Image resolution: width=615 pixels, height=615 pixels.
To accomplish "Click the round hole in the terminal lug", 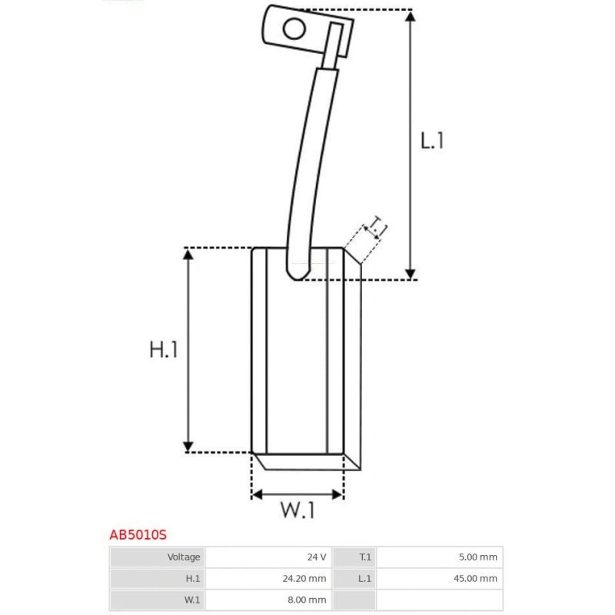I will (x=294, y=29).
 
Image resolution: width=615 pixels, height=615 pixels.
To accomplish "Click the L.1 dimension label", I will (x=432, y=140).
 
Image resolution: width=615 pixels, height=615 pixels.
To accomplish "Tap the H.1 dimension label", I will (x=164, y=350).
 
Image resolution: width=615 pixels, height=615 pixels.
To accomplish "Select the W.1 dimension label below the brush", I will (x=297, y=510).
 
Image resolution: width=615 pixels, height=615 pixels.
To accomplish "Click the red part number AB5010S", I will (x=138, y=534).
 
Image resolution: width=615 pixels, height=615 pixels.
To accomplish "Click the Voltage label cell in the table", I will (x=157, y=557).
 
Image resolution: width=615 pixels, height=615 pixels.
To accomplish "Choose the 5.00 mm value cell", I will (x=440, y=557).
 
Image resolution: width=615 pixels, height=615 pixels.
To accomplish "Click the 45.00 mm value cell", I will (x=440, y=579).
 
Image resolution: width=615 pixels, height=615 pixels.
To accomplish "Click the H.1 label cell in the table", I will (x=157, y=579).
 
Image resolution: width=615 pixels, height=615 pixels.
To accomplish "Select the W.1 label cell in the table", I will (x=157, y=600).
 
